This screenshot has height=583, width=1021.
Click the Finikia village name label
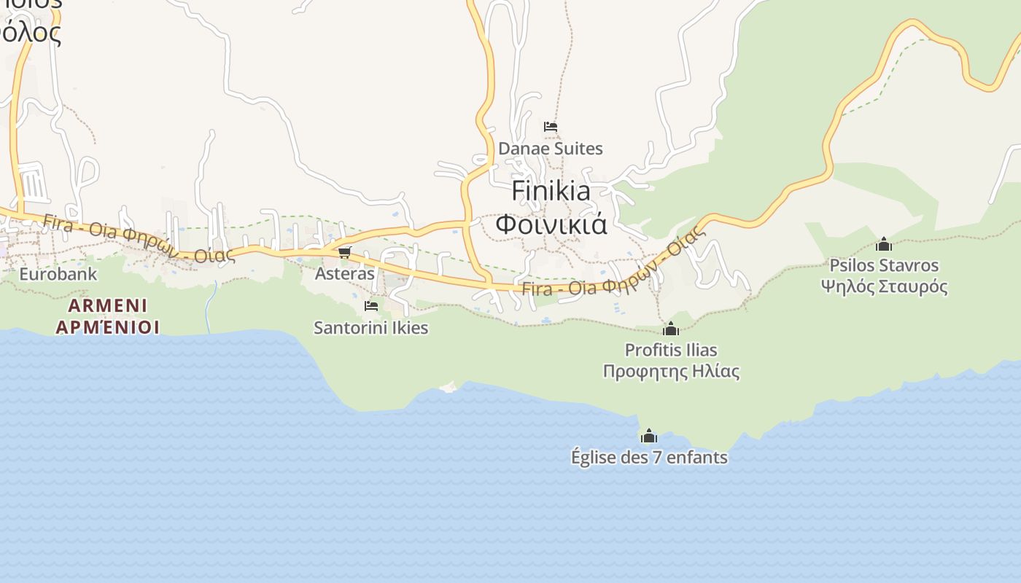551,191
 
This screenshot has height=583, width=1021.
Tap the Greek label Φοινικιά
551,223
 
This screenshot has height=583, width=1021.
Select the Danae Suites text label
551,149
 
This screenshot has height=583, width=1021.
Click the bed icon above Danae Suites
551,127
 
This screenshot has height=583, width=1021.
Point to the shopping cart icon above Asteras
344,252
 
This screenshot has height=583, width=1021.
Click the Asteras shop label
344,274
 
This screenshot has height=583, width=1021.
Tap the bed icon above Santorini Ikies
371,306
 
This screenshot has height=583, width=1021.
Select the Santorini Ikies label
371,328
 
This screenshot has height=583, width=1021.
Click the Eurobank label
58,275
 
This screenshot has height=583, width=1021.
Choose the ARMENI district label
108,305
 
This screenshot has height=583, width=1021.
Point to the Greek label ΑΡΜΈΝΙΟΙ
108,327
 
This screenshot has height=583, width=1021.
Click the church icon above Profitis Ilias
671,329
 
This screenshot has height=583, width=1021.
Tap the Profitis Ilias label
671,351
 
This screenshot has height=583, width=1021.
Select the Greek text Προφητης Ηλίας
671,372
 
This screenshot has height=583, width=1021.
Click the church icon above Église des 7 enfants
648,436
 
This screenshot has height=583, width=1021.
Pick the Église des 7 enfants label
649,458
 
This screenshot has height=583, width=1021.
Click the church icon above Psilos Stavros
884,243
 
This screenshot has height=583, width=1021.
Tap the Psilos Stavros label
884,265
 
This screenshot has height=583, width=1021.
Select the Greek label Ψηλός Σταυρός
884,286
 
